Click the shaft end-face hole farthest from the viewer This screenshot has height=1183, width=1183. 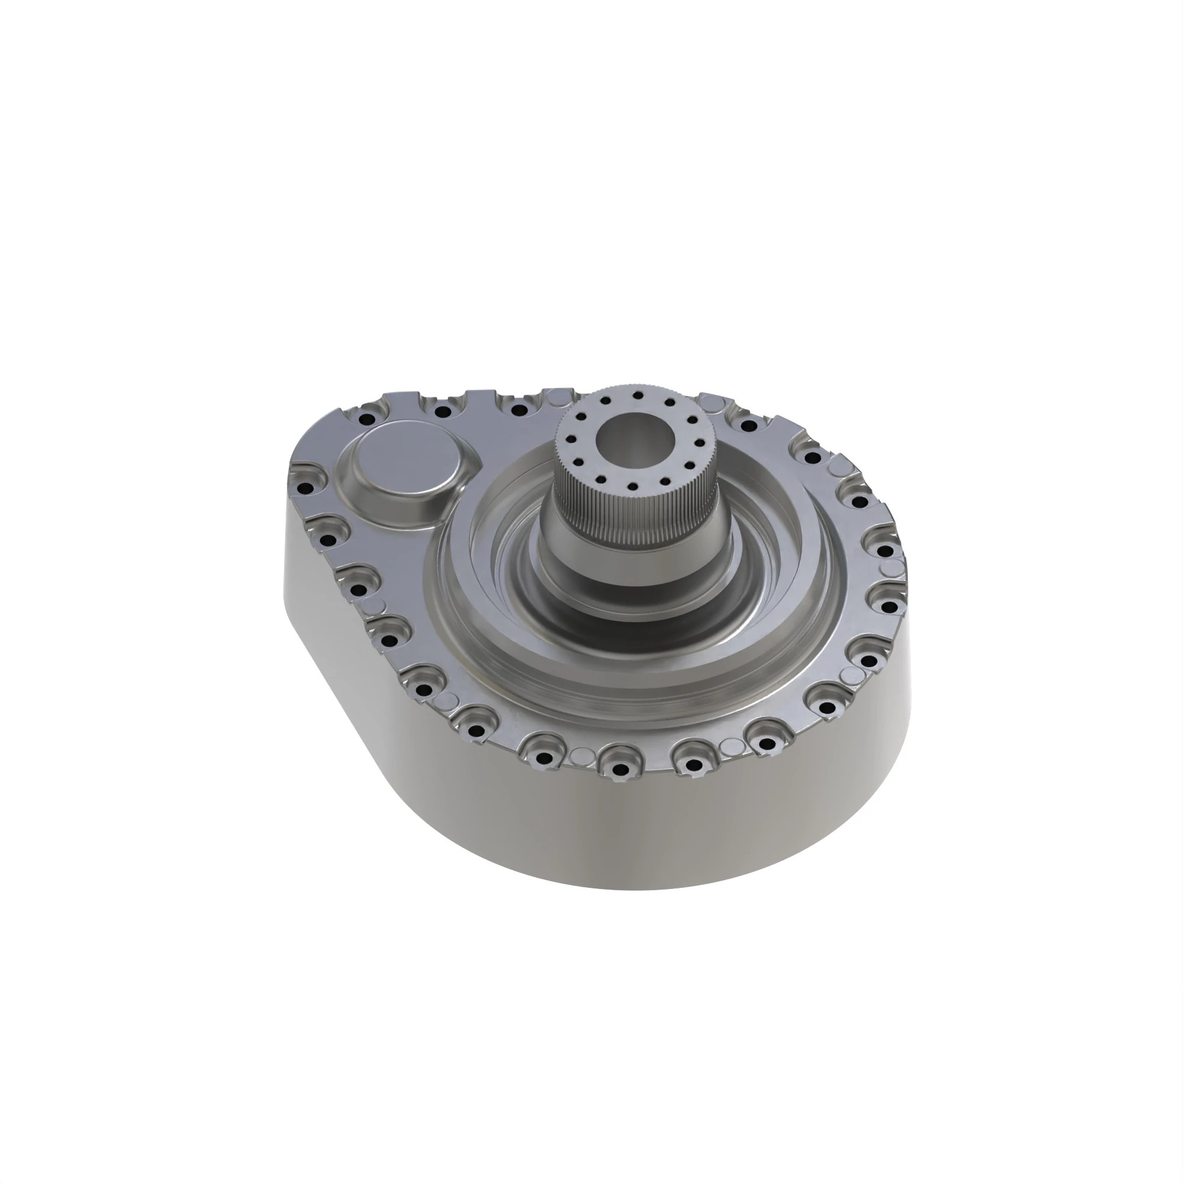[x=638, y=396]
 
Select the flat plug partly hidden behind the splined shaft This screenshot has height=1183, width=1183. [x=556, y=399]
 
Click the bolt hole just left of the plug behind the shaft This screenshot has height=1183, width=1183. [x=519, y=410]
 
